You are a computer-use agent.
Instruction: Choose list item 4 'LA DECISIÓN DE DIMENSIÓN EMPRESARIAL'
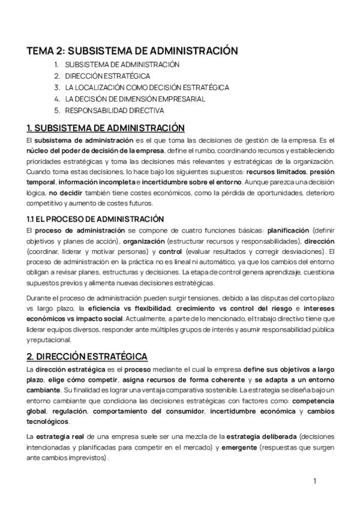[135, 99]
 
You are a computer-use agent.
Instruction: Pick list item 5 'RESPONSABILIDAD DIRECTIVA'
[114, 110]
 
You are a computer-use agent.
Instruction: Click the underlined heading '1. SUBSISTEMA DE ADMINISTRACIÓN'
[105, 128]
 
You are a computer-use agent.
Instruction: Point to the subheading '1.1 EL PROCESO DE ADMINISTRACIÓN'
[95, 219]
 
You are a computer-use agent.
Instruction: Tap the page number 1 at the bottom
[314, 481]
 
